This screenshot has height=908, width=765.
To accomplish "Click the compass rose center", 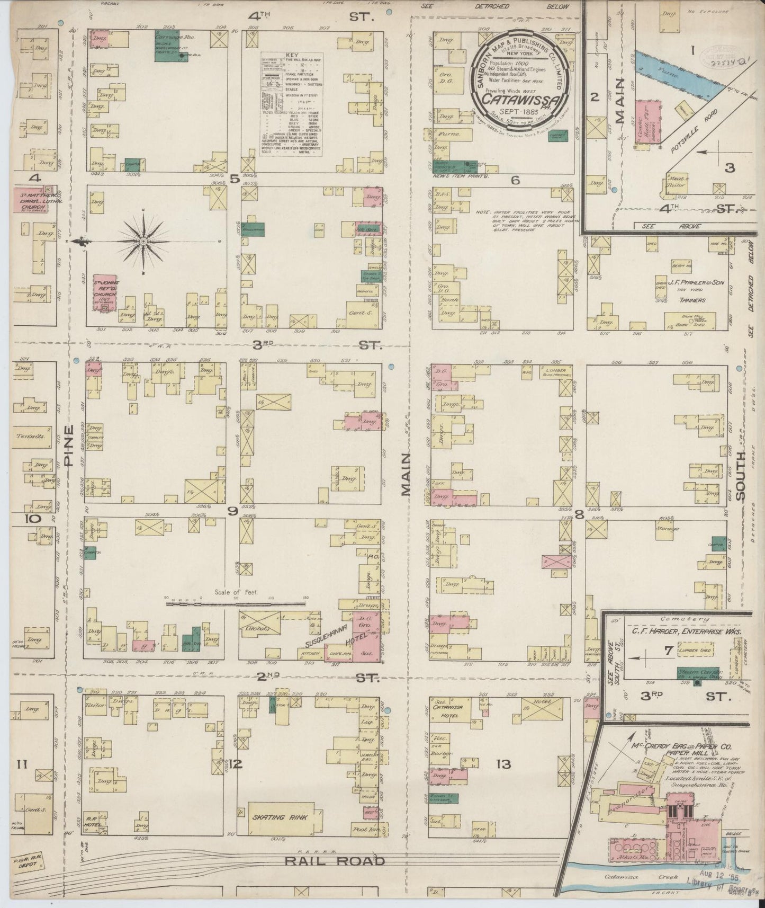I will [143, 242].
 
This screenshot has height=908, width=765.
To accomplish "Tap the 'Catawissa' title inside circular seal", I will [521, 100].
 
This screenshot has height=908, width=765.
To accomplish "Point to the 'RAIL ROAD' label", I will [335, 861].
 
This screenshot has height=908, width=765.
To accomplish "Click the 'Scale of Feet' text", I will [236, 592].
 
